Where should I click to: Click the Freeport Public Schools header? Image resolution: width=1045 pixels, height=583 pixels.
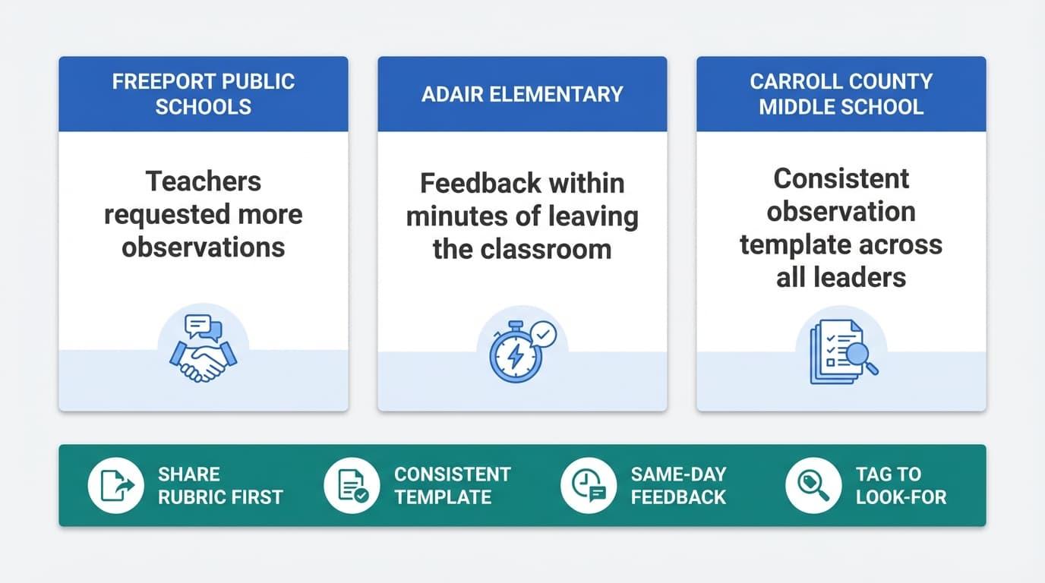[x=204, y=93]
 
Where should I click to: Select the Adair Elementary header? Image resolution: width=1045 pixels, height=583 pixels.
[x=522, y=94]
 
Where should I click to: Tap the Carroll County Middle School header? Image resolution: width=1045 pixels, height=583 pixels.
[x=841, y=93]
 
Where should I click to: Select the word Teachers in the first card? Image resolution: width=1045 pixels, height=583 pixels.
[x=204, y=181]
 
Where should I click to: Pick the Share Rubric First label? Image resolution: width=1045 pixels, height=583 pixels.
[x=220, y=486]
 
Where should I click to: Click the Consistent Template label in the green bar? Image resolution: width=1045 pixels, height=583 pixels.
[x=452, y=486]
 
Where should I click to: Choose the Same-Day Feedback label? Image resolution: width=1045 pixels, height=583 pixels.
[x=678, y=486]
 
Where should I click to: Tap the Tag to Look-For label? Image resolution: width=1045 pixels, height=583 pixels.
[x=901, y=486]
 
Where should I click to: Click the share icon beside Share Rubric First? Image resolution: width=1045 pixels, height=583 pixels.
[x=116, y=486]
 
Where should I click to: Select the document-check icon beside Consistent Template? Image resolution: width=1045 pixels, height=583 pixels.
[x=352, y=486]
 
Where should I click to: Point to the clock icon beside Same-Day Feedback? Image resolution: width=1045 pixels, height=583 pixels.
[x=589, y=486]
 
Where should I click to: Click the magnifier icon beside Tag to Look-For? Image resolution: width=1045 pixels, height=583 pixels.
[x=813, y=486]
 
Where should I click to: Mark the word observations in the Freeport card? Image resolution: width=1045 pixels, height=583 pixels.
[x=204, y=247]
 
